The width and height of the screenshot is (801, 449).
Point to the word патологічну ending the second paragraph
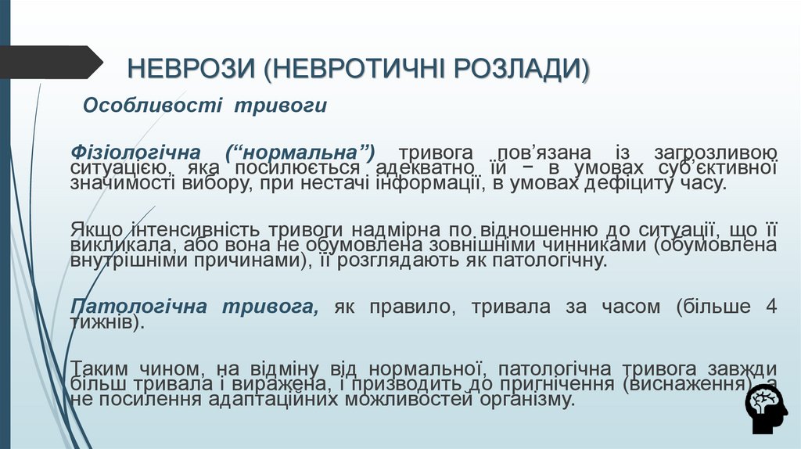(548, 260)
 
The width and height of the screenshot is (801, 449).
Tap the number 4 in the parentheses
(770, 307)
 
